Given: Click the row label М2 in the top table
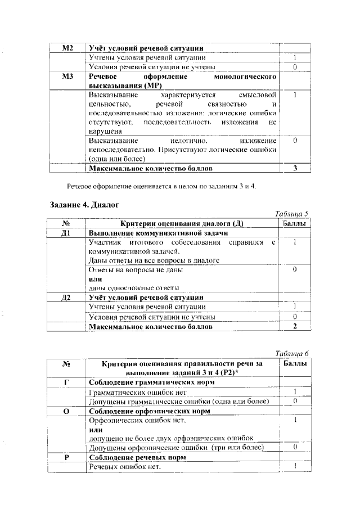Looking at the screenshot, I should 67,48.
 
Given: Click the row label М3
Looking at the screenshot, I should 67,76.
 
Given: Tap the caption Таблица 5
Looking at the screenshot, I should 292,214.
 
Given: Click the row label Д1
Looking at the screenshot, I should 67,232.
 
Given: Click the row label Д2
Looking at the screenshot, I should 67,297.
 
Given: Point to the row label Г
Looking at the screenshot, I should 67,382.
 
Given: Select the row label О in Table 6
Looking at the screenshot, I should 67,411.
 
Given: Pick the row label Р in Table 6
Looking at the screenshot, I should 67,458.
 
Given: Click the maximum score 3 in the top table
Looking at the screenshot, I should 295,168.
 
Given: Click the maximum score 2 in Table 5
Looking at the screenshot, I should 295,326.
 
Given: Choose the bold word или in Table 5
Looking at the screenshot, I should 95,279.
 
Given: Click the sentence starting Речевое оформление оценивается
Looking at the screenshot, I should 161,186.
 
